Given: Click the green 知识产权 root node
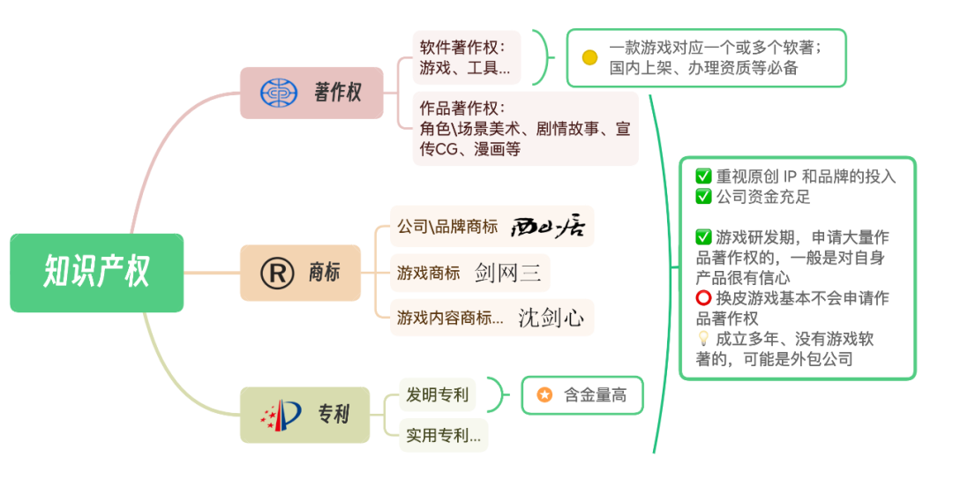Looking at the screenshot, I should [96, 273].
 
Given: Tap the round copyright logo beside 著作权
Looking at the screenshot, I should [279, 92].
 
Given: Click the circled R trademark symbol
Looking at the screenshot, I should [277, 273].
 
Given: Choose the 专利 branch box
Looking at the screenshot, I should [304, 414].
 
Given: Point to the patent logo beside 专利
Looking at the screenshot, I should [281, 414].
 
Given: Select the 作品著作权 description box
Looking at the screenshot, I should [524, 128].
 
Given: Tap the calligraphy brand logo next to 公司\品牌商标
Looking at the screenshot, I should [552, 227].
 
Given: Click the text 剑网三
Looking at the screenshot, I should [507, 272].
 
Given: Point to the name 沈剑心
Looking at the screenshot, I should [551, 318].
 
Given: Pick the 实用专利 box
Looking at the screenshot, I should [443, 435].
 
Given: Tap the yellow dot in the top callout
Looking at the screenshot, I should [589, 57].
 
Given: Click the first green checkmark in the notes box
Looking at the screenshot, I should [703, 176].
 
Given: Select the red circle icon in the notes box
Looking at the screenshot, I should [703, 298].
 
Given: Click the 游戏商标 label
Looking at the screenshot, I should [428, 273].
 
